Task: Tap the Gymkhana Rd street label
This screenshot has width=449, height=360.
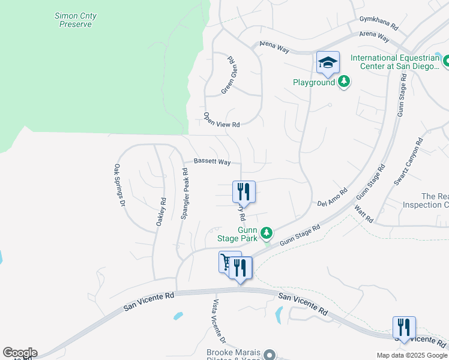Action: coord(379,23)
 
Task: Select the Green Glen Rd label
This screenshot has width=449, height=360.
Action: coord(228,75)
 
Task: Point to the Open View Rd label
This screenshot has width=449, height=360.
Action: coord(221,120)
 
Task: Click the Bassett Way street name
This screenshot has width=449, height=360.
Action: coord(212,162)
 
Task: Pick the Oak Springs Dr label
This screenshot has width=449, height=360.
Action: coord(119,185)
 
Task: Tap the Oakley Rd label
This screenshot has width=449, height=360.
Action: coord(161,212)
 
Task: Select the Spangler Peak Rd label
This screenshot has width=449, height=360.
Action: coord(185,193)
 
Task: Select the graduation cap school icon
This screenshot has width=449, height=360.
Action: coord(328,62)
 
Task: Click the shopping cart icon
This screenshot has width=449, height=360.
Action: coord(227,262)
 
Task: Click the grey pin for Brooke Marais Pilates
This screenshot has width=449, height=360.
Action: coord(270,355)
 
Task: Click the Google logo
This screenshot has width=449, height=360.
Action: coord(20,353)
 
